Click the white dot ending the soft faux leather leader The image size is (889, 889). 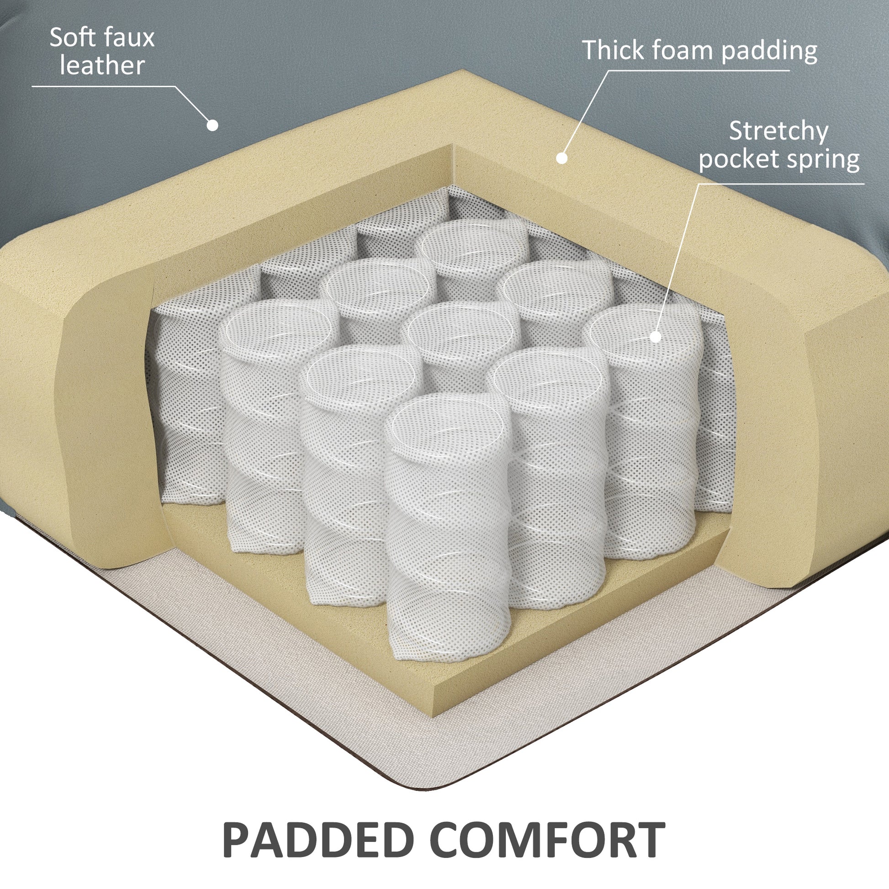pyautogui.click(x=212, y=125)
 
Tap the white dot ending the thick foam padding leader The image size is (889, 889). pyautogui.click(x=561, y=158)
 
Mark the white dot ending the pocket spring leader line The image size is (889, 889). pyautogui.click(x=656, y=337)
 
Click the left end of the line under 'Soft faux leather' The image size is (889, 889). pyautogui.click(x=32, y=86)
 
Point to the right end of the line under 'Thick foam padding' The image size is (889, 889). pyautogui.click(x=789, y=70)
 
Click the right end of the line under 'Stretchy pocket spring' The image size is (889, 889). pyautogui.click(x=864, y=184)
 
